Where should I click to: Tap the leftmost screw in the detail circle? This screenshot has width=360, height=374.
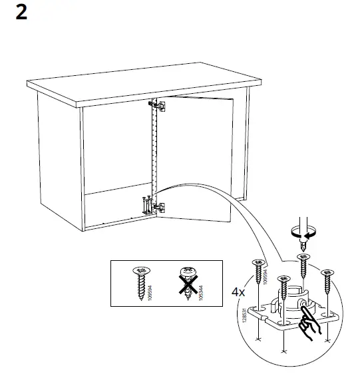click(x=257, y=273)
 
